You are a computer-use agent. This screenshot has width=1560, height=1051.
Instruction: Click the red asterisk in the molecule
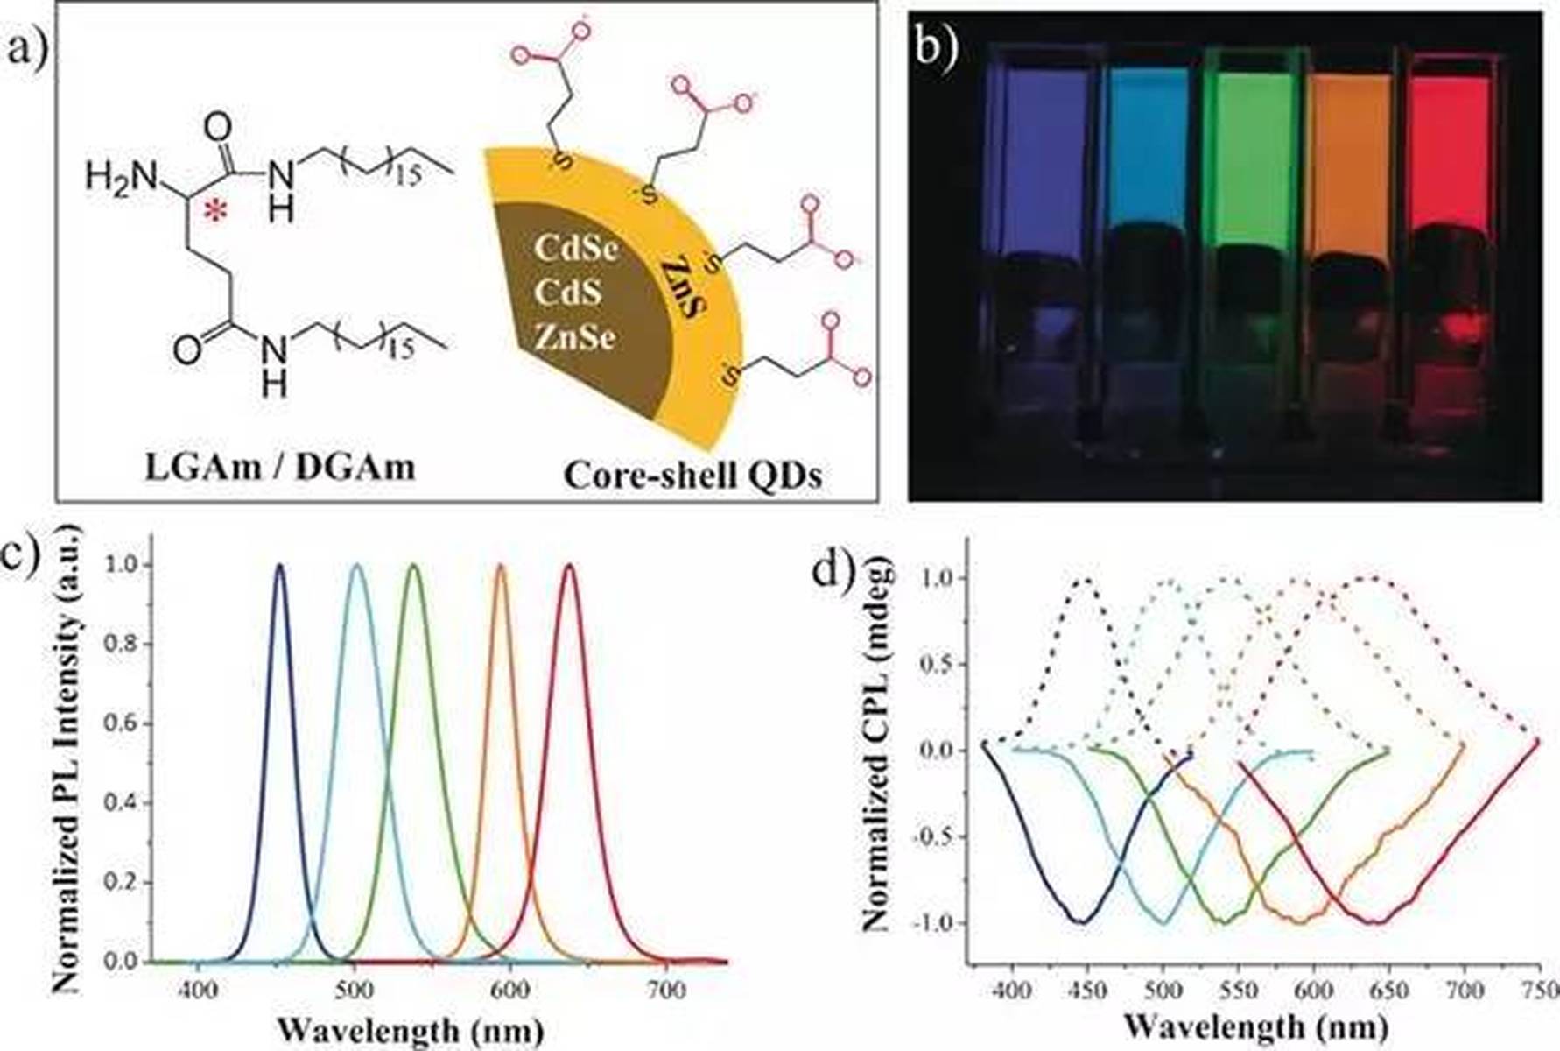pos(215,210)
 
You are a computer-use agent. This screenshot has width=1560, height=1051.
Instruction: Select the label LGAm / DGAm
pos(280,468)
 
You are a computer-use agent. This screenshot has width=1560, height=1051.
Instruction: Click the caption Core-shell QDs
pos(692,475)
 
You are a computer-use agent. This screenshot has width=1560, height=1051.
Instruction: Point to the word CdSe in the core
pos(576,249)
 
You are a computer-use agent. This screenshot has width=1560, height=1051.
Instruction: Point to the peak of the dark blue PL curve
pos(280,566)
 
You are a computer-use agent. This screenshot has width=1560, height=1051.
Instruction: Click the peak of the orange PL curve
pos(502,566)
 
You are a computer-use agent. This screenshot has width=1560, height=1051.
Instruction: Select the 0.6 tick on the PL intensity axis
pos(119,723)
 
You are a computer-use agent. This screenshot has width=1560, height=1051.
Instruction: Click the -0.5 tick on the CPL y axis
pos(938,837)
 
